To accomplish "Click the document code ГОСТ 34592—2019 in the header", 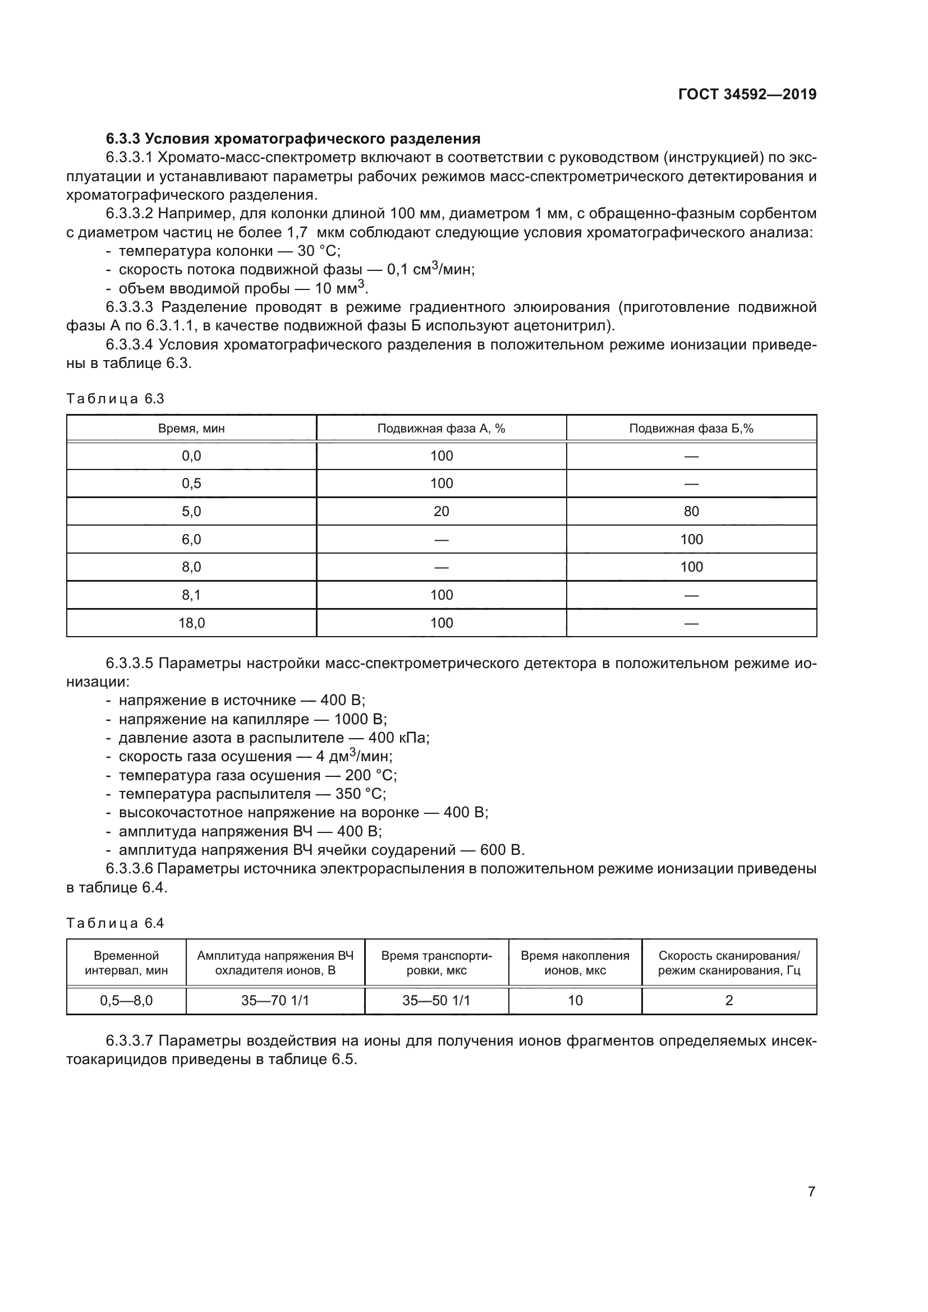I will coord(747,94).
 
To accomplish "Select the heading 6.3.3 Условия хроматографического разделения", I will coord(292,139).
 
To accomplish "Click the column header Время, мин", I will coord(191,429).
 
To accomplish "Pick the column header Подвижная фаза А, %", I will coord(441,429).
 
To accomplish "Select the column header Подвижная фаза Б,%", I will coord(691,429).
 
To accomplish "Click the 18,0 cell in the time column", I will coord(191,623).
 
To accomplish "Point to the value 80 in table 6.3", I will coord(691,512).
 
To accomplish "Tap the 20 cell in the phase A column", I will coord(441,512).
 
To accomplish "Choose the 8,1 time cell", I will coord(191,595).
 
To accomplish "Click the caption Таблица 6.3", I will coord(115,399).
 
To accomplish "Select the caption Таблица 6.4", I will coord(115,923).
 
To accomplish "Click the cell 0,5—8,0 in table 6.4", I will coord(126,1000).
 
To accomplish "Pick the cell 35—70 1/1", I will coord(275,1000).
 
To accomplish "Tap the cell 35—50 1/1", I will coord(436,1000).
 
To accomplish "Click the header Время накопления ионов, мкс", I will coord(575,963).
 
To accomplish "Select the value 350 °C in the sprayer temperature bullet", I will coord(361,794).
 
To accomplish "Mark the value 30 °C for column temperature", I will coord(319,251).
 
